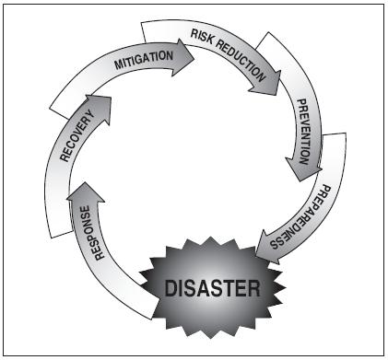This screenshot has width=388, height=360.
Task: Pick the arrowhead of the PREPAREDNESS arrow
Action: [268, 246]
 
